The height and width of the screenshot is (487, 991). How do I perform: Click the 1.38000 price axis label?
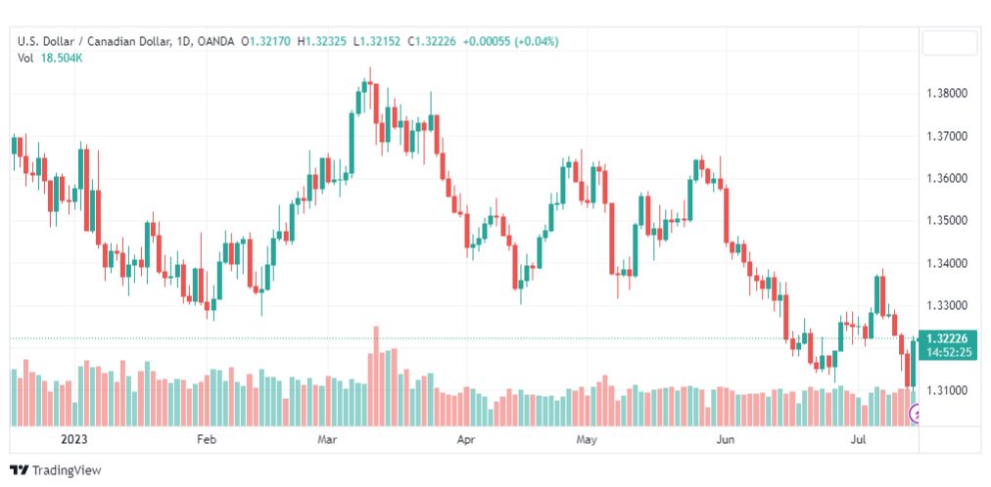click(x=946, y=93)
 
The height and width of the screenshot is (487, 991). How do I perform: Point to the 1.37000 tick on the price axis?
click(x=946, y=136)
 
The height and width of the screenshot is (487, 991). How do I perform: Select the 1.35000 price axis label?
click(x=946, y=221)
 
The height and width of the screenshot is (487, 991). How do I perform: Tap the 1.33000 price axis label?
click(x=946, y=306)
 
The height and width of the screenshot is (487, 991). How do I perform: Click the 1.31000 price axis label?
click(x=946, y=390)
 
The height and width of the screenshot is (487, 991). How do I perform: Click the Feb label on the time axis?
click(x=207, y=439)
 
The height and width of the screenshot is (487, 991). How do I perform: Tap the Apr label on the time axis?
click(x=466, y=439)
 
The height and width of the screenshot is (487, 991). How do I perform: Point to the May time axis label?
click(x=587, y=439)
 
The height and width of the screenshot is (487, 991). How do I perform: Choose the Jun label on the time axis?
click(x=726, y=439)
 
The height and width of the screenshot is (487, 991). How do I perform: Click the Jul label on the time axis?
click(x=858, y=439)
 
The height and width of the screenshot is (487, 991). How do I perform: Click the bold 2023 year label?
click(x=74, y=439)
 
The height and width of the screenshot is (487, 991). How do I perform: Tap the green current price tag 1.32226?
click(x=951, y=338)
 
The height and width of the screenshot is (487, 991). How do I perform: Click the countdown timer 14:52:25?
click(x=951, y=352)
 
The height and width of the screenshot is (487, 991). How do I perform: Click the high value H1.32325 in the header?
click(x=325, y=42)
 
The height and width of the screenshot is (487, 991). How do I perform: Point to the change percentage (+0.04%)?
click(x=537, y=42)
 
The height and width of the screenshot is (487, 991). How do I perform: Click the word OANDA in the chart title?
click(x=214, y=42)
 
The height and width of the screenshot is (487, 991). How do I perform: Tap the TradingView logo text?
click(x=66, y=470)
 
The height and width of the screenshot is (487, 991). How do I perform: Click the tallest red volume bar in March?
click(x=376, y=376)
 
